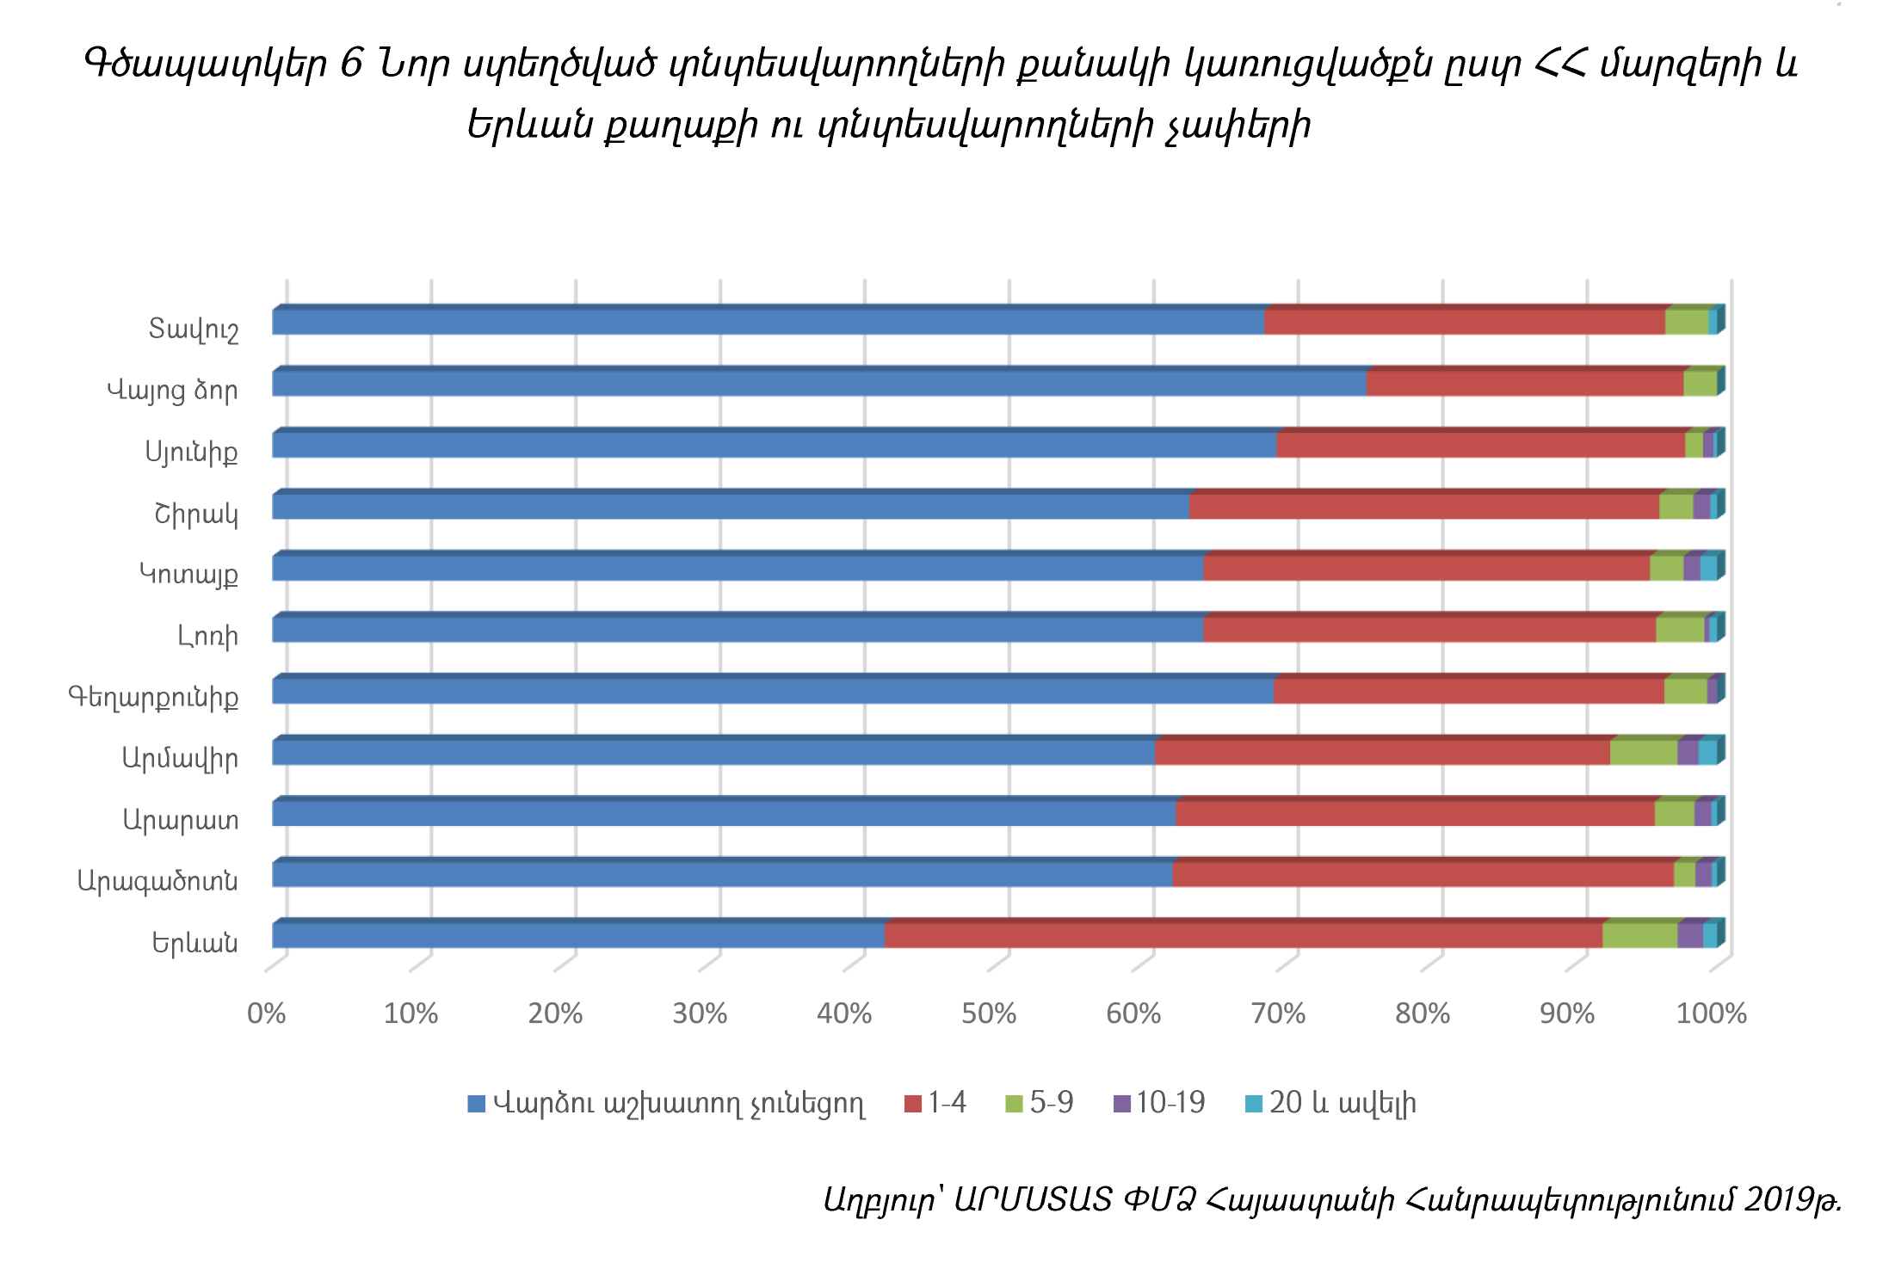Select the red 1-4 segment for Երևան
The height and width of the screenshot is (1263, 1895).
[1243, 935]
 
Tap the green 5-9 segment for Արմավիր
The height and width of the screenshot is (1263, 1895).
[1643, 752]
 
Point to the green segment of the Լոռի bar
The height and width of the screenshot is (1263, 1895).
[1679, 629]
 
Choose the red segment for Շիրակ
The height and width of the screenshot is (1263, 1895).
[1423, 506]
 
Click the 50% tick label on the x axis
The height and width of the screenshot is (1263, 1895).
[989, 1013]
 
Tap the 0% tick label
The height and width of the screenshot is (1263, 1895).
[266, 1013]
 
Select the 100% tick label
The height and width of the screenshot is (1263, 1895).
[1711, 1013]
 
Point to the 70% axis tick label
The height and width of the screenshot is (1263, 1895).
[1278, 1013]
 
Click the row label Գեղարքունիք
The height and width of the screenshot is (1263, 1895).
[153, 696]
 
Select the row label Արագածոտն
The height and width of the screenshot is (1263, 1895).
[157, 880]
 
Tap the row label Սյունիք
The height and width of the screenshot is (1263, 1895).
[191, 451]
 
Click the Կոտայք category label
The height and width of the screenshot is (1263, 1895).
[188, 573]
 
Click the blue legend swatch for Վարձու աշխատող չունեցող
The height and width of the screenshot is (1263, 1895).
[476, 1103]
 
